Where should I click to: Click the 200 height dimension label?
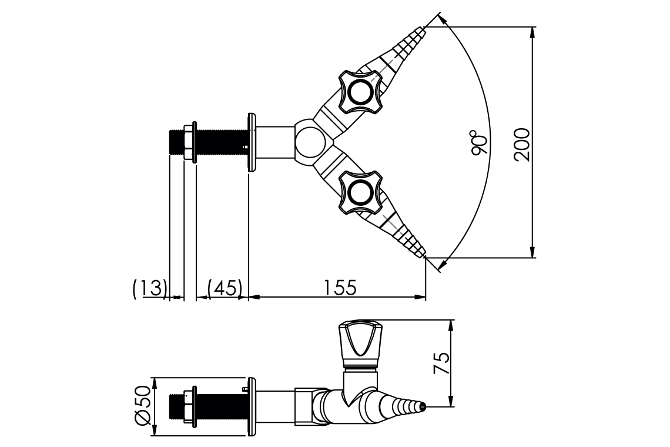522,144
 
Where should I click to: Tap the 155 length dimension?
339,288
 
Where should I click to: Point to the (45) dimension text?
225,288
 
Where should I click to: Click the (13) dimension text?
150,288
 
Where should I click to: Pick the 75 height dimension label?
443,363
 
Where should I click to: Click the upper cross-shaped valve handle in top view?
358,92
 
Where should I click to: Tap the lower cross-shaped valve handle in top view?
358,192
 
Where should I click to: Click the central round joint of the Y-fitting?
308,142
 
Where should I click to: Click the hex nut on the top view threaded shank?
189,142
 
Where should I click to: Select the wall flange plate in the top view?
252,142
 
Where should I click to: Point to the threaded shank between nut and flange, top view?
220,142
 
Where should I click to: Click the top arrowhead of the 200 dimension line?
532,31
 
